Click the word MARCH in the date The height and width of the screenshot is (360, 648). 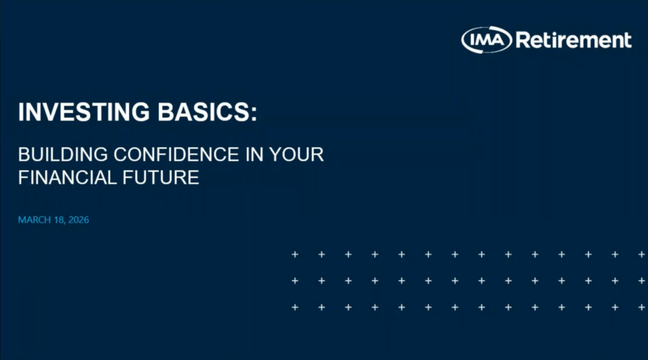[x=33, y=220]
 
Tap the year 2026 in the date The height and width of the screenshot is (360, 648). [x=77, y=220]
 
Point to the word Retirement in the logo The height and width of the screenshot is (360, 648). [x=573, y=40]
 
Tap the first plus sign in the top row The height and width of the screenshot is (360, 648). [x=294, y=254]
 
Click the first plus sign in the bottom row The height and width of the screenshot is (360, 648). [x=294, y=307]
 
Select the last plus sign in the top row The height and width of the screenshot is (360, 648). [x=642, y=254]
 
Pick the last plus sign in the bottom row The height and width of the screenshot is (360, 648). [x=642, y=307]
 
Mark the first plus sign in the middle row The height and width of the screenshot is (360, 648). [x=294, y=281]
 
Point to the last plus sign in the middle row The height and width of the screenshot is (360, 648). [x=642, y=281]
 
